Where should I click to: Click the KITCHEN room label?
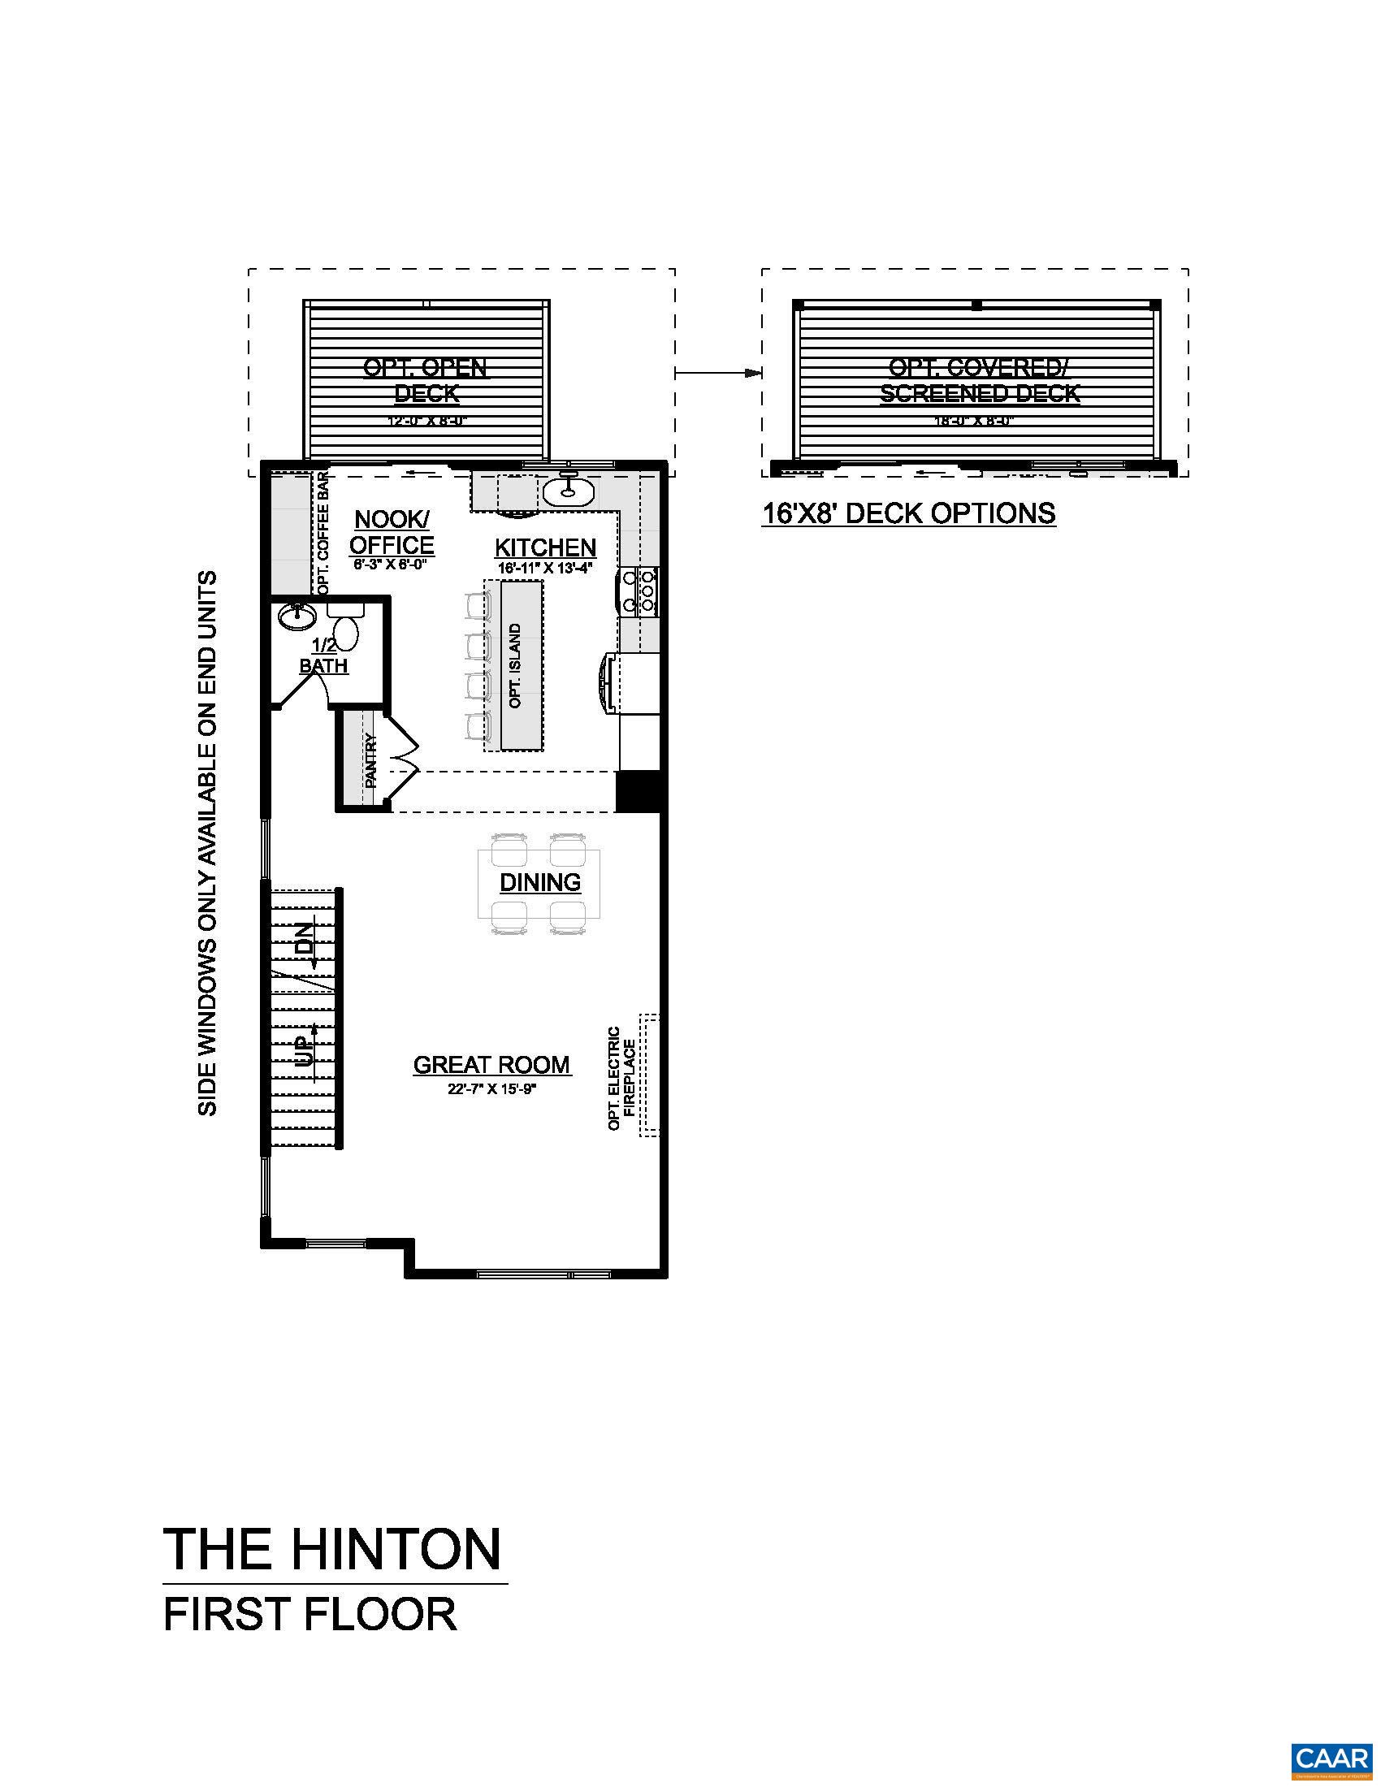click(x=545, y=547)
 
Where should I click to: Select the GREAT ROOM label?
click(x=491, y=1065)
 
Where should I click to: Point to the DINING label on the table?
click(x=540, y=882)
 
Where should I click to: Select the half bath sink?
click(x=293, y=615)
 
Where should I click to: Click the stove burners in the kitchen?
click(x=639, y=591)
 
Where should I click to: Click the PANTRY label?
click(x=370, y=761)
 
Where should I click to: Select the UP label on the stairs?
click(x=304, y=1050)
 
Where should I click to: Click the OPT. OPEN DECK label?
click(x=426, y=380)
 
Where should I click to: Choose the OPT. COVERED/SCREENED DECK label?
click(x=980, y=380)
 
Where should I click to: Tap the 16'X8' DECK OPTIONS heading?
click(x=908, y=513)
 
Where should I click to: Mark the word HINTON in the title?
click(x=396, y=1548)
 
